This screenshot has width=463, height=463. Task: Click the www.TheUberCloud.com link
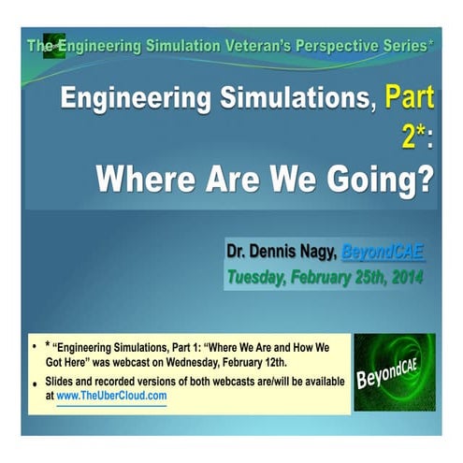[112, 396]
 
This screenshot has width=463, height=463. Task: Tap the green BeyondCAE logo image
[393, 371]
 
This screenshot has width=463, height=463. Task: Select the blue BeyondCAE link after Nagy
[383, 252]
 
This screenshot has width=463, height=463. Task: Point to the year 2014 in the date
[403, 276]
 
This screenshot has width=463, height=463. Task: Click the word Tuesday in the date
[258, 276]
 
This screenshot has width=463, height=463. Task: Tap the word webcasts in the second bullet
[234, 382]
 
